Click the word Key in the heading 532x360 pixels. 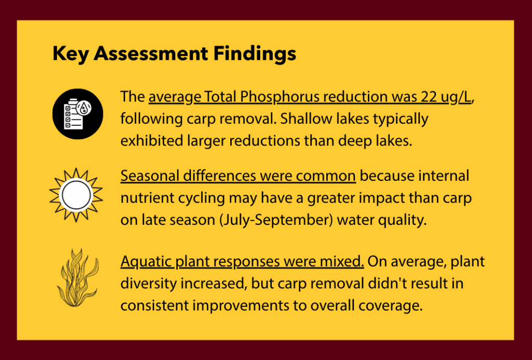tap(71, 54)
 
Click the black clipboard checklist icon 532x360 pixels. tap(78, 114)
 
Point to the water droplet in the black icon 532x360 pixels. tap(84, 108)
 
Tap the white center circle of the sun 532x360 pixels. tap(76, 195)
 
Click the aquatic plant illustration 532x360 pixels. tap(78, 278)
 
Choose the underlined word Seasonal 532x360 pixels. tap(150, 176)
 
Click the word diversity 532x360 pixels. tap(149, 284)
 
